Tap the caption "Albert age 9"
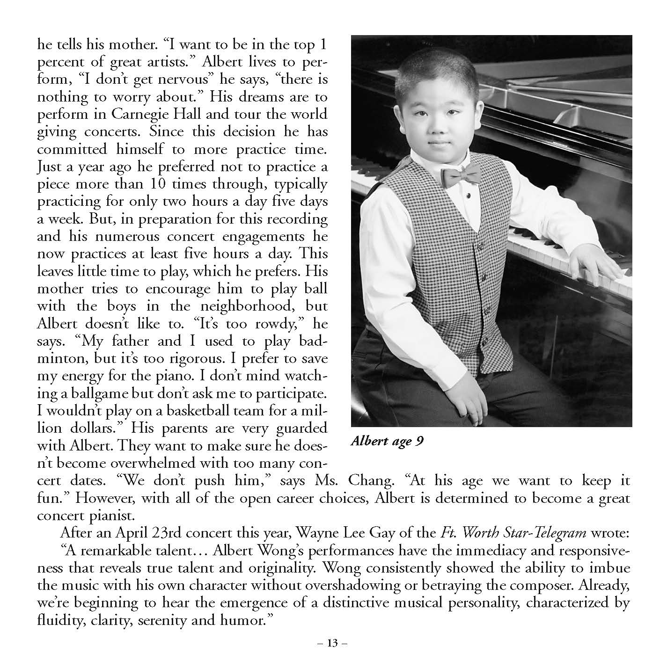(x=387, y=442)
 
